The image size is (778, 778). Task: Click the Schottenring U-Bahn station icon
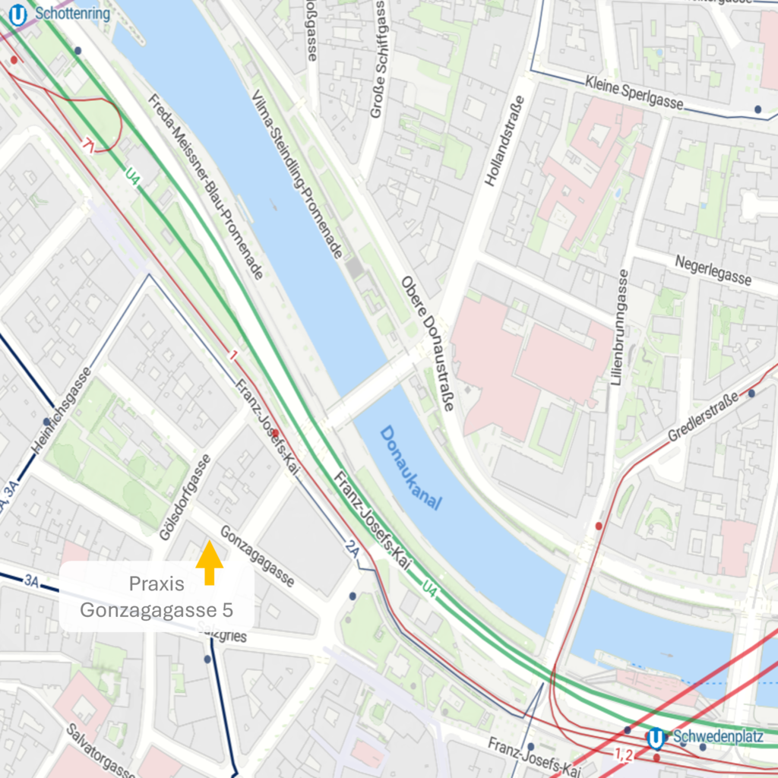tap(17, 14)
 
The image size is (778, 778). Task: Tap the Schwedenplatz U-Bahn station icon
tap(656, 738)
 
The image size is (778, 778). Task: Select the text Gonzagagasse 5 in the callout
tap(156, 609)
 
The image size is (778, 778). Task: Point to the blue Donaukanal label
tap(411, 468)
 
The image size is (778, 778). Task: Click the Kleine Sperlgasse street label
tap(634, 92)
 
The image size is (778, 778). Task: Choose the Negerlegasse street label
tap(713, 270)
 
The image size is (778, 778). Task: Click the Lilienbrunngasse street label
tap(621, 327)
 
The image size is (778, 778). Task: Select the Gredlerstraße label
tap(703, 417)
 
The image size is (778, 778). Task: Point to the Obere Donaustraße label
tap(428, 343)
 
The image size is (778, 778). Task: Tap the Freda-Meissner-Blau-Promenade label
tap(206, 186)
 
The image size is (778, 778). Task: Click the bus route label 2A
tap(352, 548)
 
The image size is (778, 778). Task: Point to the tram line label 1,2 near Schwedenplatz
tap(623, 754)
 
